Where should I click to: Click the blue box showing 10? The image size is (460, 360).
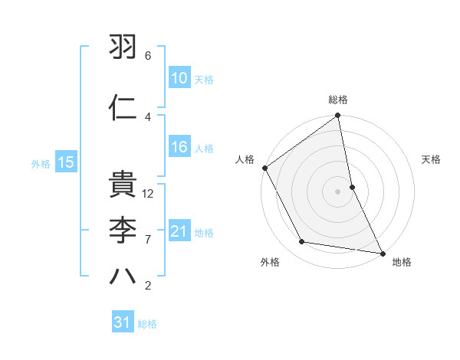pos(179,78)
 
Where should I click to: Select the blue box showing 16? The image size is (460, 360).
pos(179,148)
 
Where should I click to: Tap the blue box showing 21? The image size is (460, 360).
pos(179,231)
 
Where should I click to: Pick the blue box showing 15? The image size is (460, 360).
pos(65,162)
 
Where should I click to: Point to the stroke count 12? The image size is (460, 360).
pos(149,194)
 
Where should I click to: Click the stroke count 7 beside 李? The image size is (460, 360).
pos(148,239)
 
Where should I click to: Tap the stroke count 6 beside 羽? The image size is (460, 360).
pos(148,56)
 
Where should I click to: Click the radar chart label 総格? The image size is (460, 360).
pos(338,100)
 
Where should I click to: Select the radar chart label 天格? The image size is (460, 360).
pos(432,159)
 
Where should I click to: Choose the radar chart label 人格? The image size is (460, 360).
pos(245,159)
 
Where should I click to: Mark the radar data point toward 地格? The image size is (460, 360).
pos(382,252)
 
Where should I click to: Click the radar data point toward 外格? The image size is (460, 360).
pos(302,242)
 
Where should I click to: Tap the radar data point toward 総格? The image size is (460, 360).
pos(338,116)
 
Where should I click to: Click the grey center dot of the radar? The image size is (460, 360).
pos(338,191)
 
